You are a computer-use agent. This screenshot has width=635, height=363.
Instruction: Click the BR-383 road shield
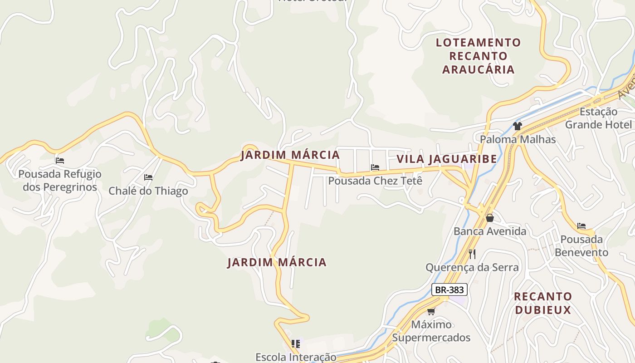pyautogui.click(x=449, y=289)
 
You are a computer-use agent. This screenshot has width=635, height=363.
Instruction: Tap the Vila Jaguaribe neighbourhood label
pyautogui.click(x=447, y=159)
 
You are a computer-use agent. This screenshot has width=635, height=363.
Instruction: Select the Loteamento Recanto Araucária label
pyautogui.click(x=478, y=56)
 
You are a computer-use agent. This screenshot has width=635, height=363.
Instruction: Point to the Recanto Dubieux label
pyautogui.click(x=542, y=303)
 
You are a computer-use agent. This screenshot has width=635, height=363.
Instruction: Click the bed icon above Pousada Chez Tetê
pyautogui.click(x=375, y=167)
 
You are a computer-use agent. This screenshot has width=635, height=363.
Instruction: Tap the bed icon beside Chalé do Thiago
pyautogui.click(x=148, y=177)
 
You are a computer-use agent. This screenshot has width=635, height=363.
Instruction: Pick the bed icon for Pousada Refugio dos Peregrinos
pyautogui.click(x=60, y=161)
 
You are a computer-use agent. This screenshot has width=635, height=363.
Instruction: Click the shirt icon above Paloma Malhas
pyautogui.click(x=518, y=126)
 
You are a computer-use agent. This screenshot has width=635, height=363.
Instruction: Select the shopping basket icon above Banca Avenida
pyautogui.click(x=490, y=218)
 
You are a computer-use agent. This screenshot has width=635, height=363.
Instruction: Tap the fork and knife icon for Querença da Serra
pyautogui.click(x=472, y=254)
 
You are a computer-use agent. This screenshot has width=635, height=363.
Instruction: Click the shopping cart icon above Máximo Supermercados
pyautogui.click(x=431, y=311)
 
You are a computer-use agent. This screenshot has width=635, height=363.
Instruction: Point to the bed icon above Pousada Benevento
pyautogui.click(x=581, y=226)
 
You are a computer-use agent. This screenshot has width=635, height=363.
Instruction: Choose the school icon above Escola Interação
pyautogui.click(x=296, y=344)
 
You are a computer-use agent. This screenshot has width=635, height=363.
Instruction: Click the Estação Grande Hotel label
pyautogui.click(x=598, y=118)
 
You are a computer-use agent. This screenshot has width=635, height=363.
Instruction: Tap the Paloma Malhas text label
pyautogui.click(x=518, y=139)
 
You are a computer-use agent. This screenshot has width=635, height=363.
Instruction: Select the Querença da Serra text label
pyautogui.click(x=472, y=267)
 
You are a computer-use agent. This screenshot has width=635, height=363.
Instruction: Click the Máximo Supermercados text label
pyautogui.click(x=431, y=331)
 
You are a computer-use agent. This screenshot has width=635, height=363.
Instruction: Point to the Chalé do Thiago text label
pyautogui.click(x=148, y=191)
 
